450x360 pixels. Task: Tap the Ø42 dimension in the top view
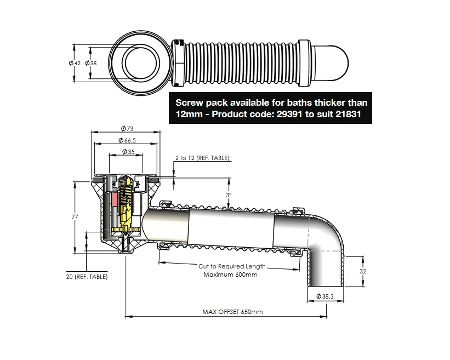pyautogui.click(x=75, y=63)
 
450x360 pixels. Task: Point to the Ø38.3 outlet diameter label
pyautogui.click(x=326, y=296)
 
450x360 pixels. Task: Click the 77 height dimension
pyautogui.click(x=75, y=217)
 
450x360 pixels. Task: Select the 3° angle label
pyautogui.click(x=229, y=195)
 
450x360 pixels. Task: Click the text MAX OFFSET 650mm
pyautogui.click(x=232, y=312)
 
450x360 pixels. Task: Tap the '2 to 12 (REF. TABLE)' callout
pyautogui.click(x=202, y=158)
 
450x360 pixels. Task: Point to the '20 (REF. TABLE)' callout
pyautogui.click(x=84, y=277)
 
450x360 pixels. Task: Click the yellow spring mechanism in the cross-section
pyautogui.click(x=127, y=203)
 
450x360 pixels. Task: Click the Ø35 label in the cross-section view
pyautogui.click(x=128, y=152)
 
